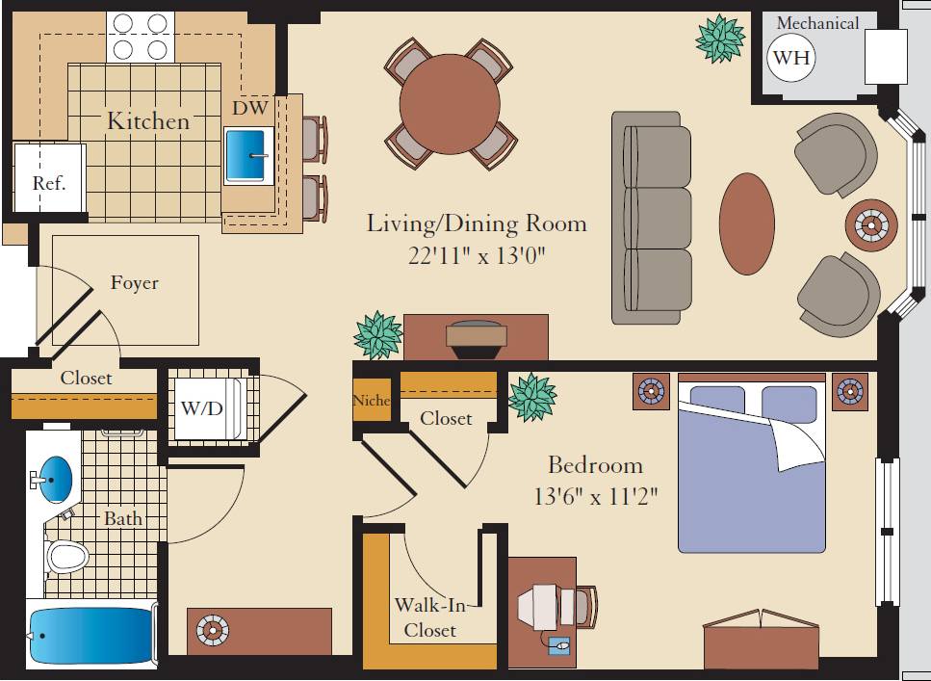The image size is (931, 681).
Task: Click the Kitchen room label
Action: point(147,121)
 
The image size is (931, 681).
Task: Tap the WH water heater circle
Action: point(791,58)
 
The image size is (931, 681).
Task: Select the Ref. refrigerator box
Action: point(49,181)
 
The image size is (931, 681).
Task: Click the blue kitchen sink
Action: point(249,154)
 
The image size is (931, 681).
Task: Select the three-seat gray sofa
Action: point(652,218)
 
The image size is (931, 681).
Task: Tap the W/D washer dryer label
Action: point(201,408)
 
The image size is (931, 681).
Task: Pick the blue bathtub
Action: point(91,635)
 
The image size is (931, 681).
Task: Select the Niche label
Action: point(372,400)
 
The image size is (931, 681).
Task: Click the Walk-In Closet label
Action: point(429,617)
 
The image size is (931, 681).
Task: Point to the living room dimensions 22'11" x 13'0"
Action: point(477,255)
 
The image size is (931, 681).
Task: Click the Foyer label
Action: point(134,283)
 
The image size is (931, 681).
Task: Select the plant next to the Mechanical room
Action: point(720,38)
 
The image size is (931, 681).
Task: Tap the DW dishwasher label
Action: point(249,109)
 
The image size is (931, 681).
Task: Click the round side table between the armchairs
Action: point(871,225)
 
